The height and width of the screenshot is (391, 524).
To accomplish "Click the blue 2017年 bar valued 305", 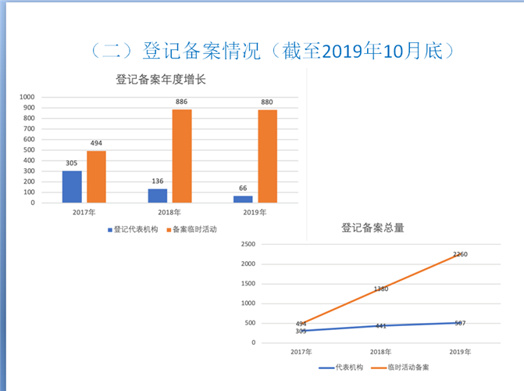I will pos(72,187).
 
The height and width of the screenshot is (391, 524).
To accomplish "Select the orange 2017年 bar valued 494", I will pos(96,177).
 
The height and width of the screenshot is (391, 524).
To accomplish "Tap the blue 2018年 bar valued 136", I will pos(158,195).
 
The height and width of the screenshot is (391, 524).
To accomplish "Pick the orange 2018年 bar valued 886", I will pos(182,156).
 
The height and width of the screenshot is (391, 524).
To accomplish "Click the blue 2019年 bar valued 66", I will pos(243,199).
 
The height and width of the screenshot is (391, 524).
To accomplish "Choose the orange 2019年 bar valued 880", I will pos(267,156).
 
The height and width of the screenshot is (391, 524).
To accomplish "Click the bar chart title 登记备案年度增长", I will pos(160,79).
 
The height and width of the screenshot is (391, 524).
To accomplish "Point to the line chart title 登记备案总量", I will pos(373,228).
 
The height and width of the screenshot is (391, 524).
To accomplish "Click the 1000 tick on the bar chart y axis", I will pos(28,97).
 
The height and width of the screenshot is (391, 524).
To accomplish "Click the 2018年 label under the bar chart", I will pos(169,212).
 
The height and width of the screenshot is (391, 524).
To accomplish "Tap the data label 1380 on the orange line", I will pos(380,289).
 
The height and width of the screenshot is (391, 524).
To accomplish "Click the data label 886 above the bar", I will pos(181,102).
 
